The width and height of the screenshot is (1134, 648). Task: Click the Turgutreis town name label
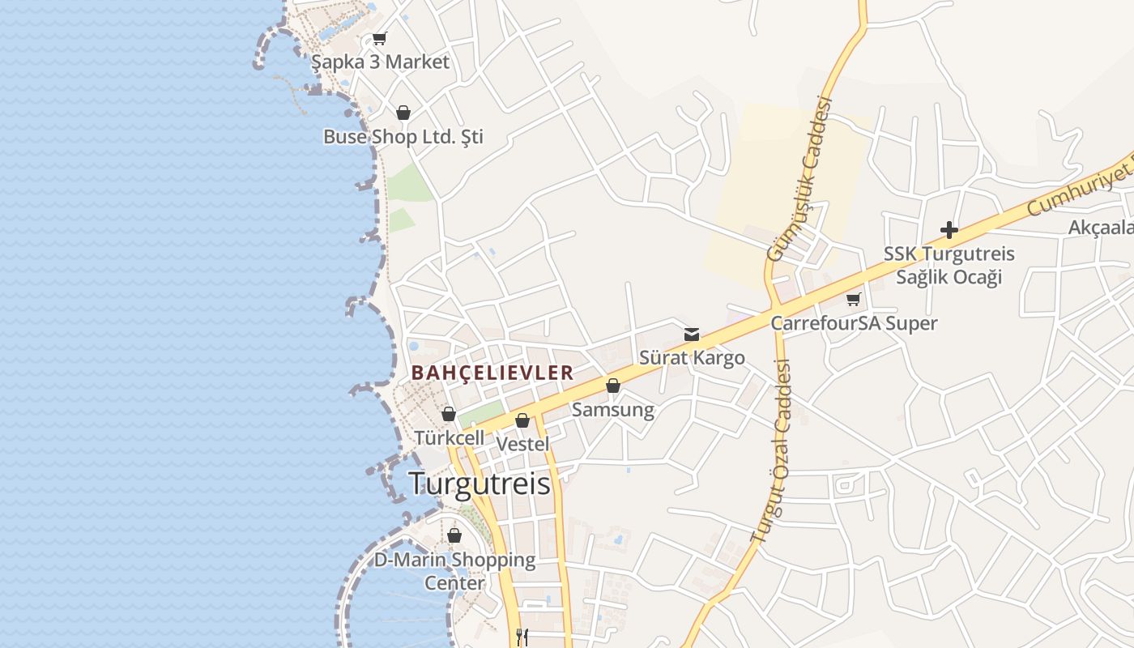pos(480,484)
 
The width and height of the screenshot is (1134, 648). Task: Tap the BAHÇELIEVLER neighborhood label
pos(492,373)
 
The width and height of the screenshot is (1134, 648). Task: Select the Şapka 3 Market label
pos(380,62)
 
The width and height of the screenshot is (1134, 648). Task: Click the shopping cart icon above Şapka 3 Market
pos(380,38)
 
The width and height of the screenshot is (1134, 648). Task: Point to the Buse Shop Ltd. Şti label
pos(403,137)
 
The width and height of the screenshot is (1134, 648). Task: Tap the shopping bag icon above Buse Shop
pos(403,113)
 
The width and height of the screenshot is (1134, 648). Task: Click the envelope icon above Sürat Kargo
pos(692,335)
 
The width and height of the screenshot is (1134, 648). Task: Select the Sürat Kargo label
pos(692,357)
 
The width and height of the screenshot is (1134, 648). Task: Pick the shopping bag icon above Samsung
pos(613,386)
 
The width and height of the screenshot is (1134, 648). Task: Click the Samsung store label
pos(613,410)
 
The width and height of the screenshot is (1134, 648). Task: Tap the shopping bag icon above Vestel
pos(522,420)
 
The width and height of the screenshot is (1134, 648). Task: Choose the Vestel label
pos(522,444)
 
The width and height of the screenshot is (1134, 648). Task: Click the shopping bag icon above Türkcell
pos(449,414)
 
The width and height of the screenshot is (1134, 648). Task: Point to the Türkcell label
pos(450,437)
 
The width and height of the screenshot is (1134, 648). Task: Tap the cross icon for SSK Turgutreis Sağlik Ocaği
pos(949,230)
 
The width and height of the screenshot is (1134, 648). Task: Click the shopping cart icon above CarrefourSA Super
pos(853,300)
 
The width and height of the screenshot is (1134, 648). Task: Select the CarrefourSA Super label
pos(854,323)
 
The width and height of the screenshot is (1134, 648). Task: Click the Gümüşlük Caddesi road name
pos(800,179)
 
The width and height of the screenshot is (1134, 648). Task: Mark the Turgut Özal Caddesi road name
pos(771,450)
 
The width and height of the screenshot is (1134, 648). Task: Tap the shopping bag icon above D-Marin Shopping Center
pos(454,535)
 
